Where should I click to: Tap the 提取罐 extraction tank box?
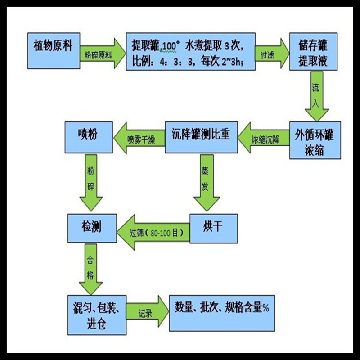(191, 52)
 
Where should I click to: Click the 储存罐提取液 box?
(312, 52)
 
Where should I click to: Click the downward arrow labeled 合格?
(91, 269)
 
